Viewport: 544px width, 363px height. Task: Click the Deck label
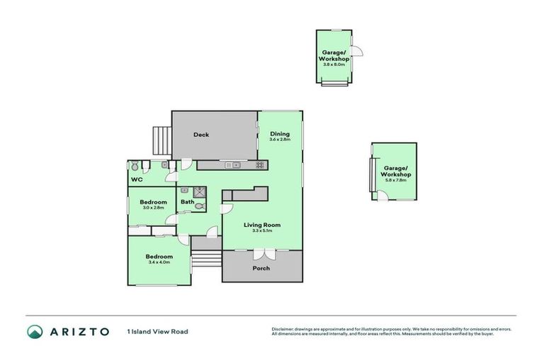201,135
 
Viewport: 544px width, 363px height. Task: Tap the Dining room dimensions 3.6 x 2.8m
279,140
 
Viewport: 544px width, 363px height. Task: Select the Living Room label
262,225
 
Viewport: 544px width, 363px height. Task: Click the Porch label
261,268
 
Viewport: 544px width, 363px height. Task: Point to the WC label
136,180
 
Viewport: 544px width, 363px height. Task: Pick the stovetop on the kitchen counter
259,165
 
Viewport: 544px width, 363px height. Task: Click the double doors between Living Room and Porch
262,254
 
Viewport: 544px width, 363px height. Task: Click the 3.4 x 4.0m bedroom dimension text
159,262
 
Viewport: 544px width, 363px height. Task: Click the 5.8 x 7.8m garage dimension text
395,180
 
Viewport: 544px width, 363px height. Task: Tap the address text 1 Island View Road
157,331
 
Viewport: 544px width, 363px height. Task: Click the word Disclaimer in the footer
283,329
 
